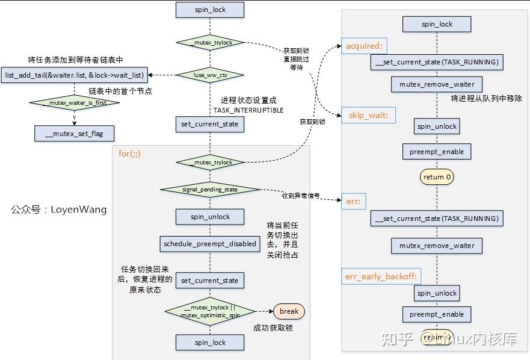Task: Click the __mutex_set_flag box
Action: tap(75, 132)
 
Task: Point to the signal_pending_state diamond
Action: tap(210, 189)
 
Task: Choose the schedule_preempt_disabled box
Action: tap(210, 244)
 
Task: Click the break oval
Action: tap(289, 311)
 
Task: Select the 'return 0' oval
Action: tap(437, 177)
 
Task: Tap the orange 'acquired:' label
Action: tap(363, 46)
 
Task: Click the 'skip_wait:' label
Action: tap(368, 115)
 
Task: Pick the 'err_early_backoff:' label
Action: tap(381, 276)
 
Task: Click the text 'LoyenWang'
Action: tap(78, 210)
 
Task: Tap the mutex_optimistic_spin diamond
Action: tap(210, 311)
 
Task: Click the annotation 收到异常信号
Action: tap(300, 196)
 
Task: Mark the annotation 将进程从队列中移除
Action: tap(486, 98)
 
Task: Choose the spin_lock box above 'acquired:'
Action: tap(437, 24)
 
